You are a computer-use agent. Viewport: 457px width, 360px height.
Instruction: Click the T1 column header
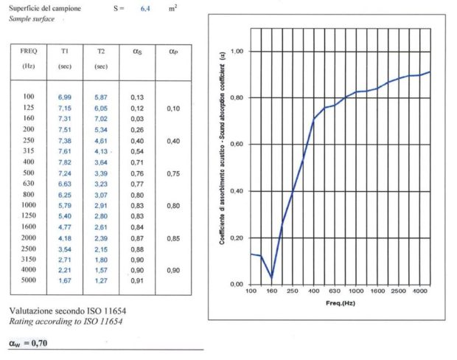click(x=65, y=52)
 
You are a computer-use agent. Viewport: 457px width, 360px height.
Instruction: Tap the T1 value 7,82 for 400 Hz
click(x=64, y=162)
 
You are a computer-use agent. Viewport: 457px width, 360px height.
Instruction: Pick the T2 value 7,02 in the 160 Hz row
click(x=101, y=118)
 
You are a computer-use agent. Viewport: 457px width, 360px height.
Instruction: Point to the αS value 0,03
click(x=136, y=118)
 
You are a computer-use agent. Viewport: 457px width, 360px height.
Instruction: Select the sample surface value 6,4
click(x=146, y=8)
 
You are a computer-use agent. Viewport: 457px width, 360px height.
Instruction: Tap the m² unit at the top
click(x=172, y=7)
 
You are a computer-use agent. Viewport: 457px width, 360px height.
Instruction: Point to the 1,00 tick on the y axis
click(x=237, y=52)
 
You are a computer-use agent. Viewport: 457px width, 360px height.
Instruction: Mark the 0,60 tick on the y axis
click(x=237, y=145)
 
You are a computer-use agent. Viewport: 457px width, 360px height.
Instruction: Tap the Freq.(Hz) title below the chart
click(x=340, y=303)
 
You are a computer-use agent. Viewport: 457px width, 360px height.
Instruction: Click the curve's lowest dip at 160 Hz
click(x=271, y=277)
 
